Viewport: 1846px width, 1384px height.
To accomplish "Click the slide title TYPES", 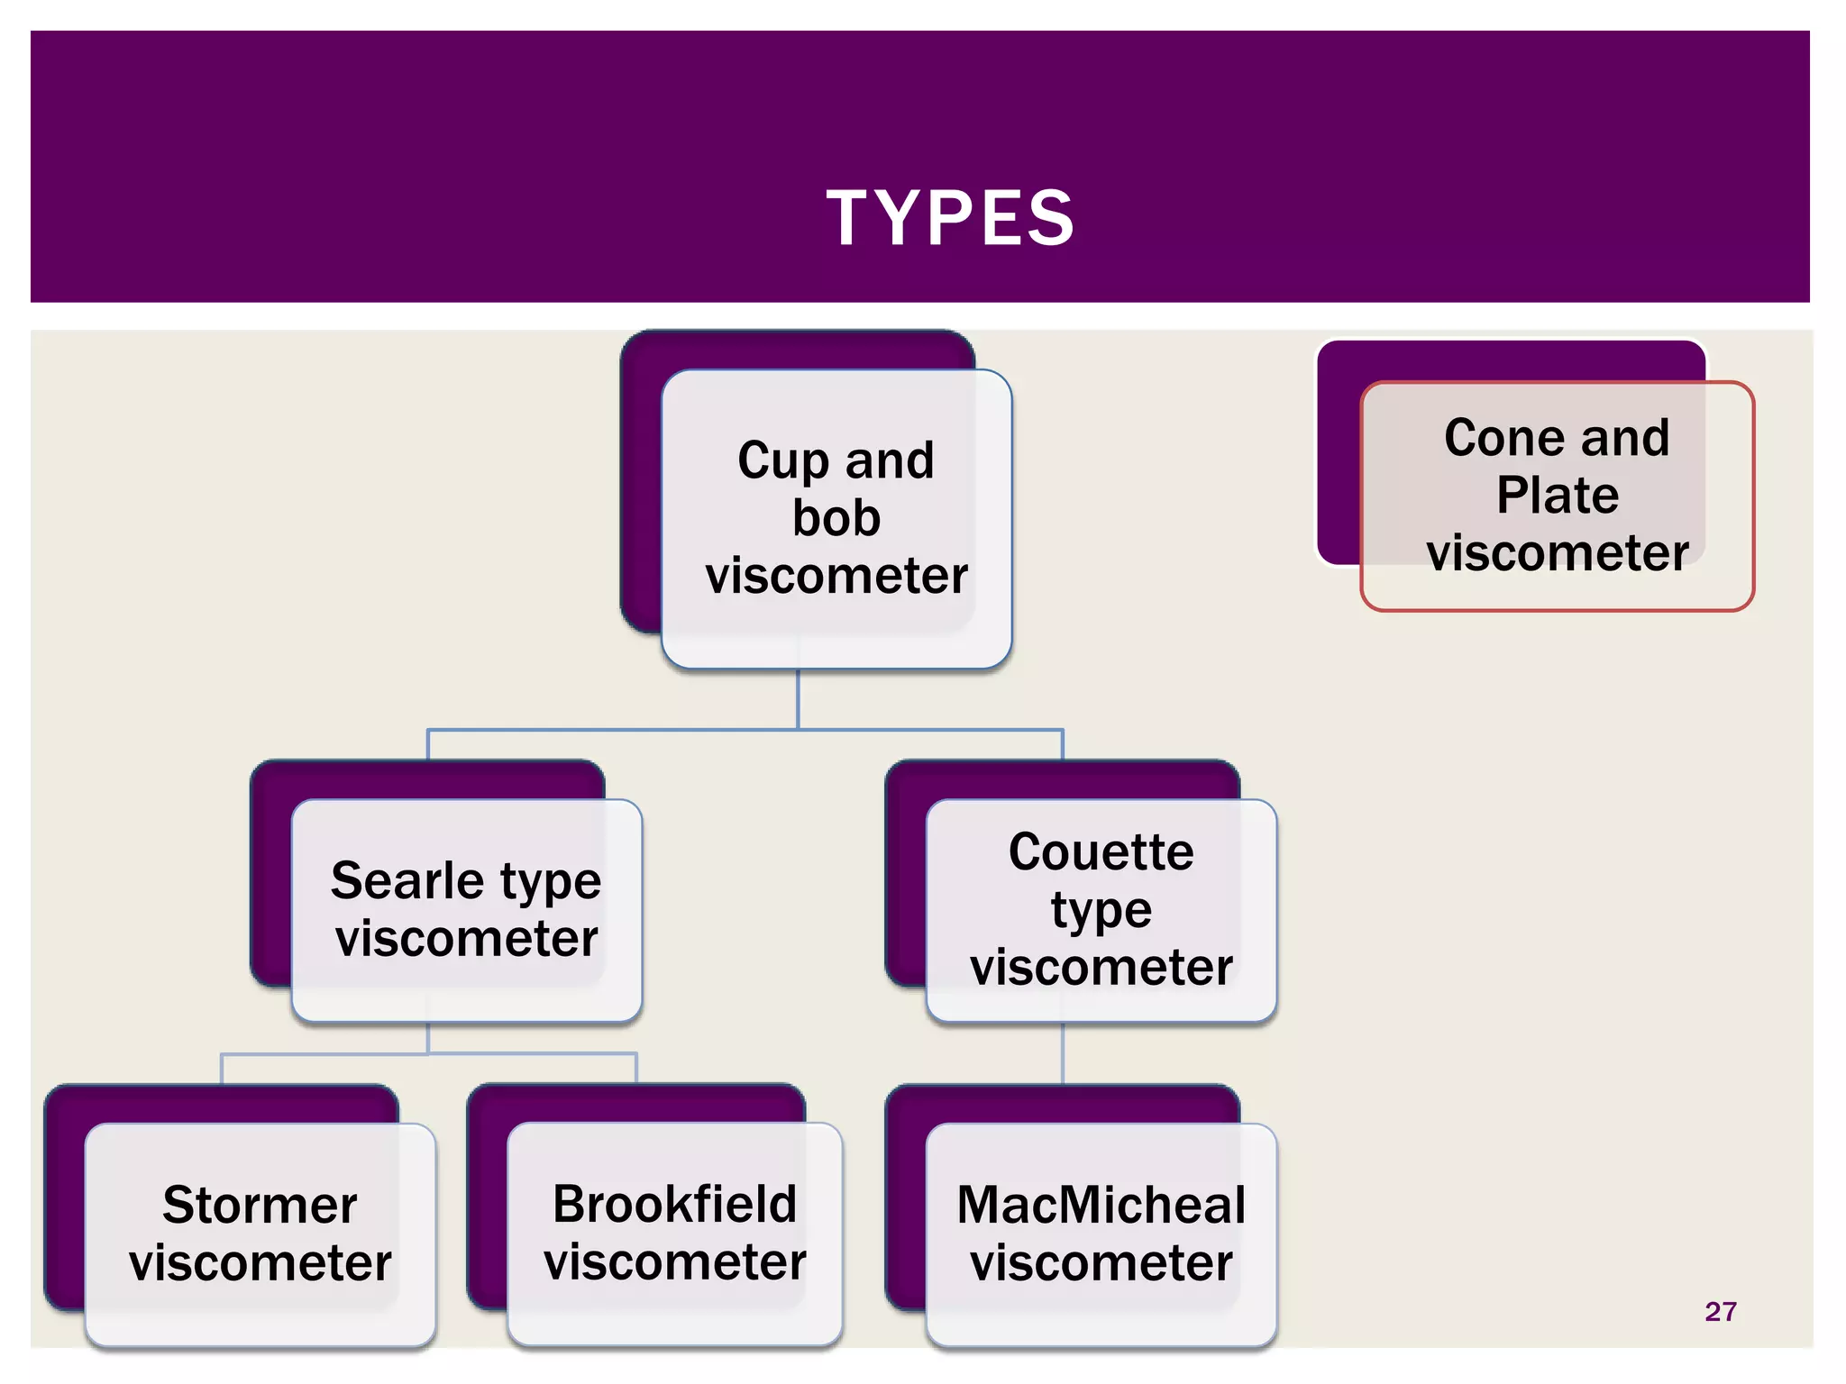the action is [x=950, y=218].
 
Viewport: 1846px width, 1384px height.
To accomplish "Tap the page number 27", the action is [x=1720, y=1311].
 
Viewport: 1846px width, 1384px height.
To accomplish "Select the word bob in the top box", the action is [x=836, y=518].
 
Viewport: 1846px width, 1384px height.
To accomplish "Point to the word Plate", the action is [x=1557, y=496].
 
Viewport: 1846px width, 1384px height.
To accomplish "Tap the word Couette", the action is [x=1101, y=852].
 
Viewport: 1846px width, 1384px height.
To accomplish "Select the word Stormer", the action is [x=260, y=1205].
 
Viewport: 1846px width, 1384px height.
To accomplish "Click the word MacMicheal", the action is [x=1101, y=1205].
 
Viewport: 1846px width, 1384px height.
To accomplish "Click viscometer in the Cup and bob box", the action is [x=836, y=576].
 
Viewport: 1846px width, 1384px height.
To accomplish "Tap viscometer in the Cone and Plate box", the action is [x=1557, y=552].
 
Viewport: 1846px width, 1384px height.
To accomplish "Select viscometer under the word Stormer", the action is [x=260, y=1262].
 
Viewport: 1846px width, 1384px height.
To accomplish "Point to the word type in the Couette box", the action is [x=1101, y=910].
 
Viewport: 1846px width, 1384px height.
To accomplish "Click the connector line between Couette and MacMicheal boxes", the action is [x=1063, y=1053].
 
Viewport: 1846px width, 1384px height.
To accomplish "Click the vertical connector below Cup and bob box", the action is [x=798, y=699].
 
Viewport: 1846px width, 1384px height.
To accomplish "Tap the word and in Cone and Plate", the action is [x=1624, y=438].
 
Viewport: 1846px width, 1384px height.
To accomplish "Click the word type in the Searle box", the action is [x=550, y=881].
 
